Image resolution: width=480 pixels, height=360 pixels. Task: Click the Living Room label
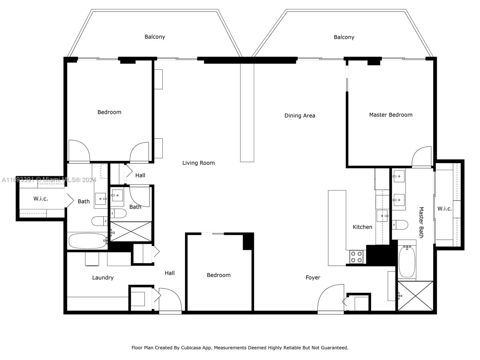(198, 163)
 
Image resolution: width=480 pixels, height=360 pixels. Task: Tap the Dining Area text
(300, 115)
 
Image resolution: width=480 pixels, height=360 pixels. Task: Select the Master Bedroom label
(391, 115)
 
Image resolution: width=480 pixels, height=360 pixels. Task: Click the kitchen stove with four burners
(356, 257)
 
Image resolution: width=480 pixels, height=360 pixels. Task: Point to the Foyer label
(313, 277)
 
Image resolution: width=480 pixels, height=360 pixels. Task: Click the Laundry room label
(103, 277)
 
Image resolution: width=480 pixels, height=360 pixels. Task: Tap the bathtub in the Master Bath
(407, 261)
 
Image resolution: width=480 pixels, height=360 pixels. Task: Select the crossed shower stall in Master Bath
(415, 296)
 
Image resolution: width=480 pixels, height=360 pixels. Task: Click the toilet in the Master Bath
(400, 225)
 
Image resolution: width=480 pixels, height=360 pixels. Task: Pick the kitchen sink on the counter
(382, 216)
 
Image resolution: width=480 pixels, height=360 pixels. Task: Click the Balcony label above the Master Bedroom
(344, 37)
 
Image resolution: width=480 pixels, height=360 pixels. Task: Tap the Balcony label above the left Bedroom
(155, 37)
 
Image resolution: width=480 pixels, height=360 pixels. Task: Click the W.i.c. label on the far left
(40, 199)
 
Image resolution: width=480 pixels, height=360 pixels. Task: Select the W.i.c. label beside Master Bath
(444, 208)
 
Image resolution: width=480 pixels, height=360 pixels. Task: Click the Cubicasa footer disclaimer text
(240, 348)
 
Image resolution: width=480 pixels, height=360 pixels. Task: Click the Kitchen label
(362, 227)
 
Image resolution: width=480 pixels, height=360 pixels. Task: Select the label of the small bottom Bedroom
(219, 275)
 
